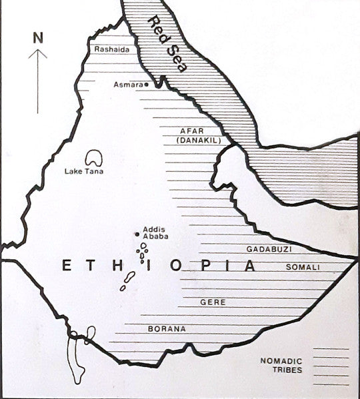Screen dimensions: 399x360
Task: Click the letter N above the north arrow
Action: (37, 37)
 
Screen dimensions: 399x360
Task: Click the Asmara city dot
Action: (146, 85)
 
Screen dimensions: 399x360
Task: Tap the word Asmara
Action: (127, 85)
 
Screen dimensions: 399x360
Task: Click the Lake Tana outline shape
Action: (93, 158)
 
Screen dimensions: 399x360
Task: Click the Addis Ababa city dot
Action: (137, 234)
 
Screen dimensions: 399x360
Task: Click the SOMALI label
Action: (303, 267)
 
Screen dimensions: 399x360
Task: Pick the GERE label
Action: (213, 302)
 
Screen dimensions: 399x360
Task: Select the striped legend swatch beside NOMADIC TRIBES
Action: (331, 365)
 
